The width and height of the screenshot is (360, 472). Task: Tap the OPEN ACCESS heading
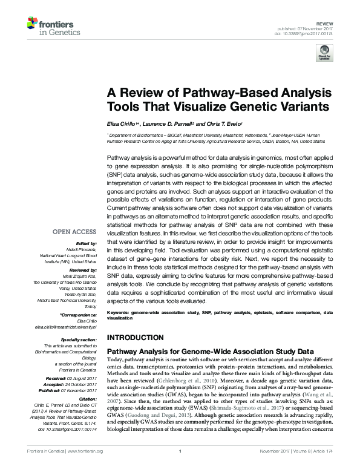[74, 232]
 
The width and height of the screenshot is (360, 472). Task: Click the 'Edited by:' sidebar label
[86, 243]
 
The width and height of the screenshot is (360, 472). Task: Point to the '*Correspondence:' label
[79, 315]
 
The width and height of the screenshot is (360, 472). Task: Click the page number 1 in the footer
[180, 467]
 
